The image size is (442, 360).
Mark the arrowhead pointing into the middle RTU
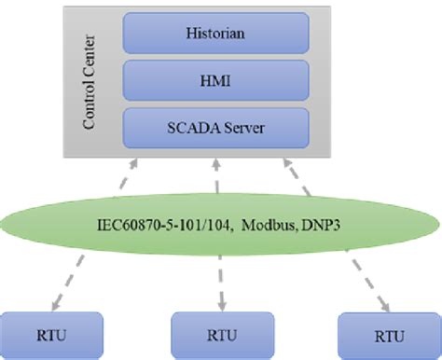click(x=222, y=305)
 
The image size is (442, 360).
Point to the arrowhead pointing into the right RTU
click(x=383, y=306)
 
